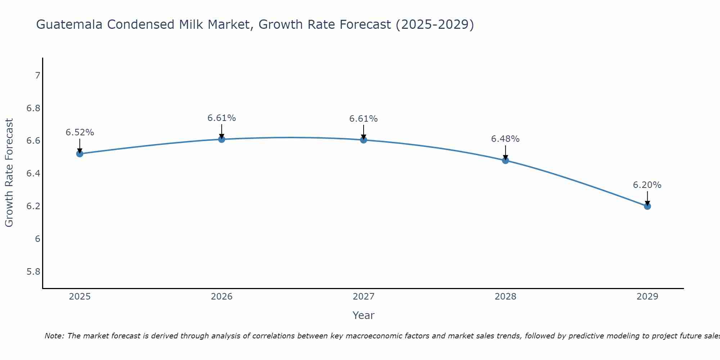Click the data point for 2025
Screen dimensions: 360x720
[80, 154]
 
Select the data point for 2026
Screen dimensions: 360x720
[222, 139]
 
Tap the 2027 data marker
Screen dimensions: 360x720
[364, 140]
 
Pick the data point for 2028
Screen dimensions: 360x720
[505, 160]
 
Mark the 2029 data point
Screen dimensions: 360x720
[647, 206]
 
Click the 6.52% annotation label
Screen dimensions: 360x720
[80, 132]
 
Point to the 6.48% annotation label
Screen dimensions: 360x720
[505, 139]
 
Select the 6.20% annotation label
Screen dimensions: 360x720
[647, 185]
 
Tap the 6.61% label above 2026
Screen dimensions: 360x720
[222, 118]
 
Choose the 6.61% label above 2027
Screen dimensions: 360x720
[364, 119]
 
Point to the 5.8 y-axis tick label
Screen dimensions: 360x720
[33, 272]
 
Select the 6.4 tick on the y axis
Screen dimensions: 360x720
[33, 174]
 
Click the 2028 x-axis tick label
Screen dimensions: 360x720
[505, 297]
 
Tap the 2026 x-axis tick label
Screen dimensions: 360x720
[222, 297]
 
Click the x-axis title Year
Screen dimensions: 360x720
[364, 315]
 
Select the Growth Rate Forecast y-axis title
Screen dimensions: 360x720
[9, 173]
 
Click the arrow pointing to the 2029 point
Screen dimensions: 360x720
[647, 198]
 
